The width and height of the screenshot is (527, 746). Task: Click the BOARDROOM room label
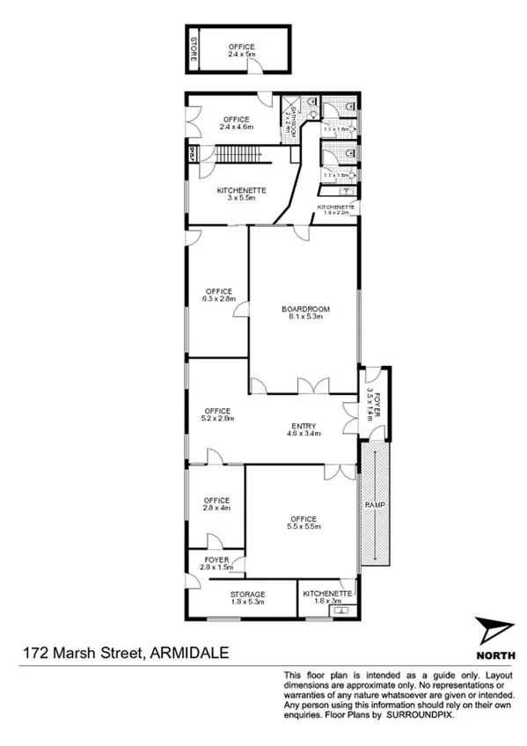pyautogui.click(x=305, y=309)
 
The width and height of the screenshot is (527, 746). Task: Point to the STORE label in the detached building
pyautogui.click(x=194, y=50)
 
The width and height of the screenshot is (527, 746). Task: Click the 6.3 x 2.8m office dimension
pyautogui.click(x=218, y=299)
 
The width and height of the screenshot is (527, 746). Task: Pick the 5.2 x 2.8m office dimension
pyautogui.click(x=217, y=419)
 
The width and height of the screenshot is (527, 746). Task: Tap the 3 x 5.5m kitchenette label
pyautogui.click(x=239, y=195)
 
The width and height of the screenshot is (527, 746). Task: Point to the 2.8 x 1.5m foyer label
pyautogui.click(x=216, y=564)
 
